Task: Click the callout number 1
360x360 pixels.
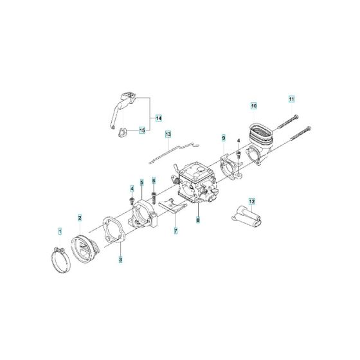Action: coord(60,230)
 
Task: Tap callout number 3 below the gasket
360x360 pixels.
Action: coord(120,259)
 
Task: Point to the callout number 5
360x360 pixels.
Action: coord(141,183)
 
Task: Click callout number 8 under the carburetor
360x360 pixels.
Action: coord(198,220)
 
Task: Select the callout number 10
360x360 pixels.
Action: coord(253,104)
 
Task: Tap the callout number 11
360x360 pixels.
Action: coord(291,99)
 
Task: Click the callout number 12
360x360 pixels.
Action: coord(252,201)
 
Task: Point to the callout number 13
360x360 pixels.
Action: coord(168,134)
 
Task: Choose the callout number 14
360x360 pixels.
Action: coord(158,118)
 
